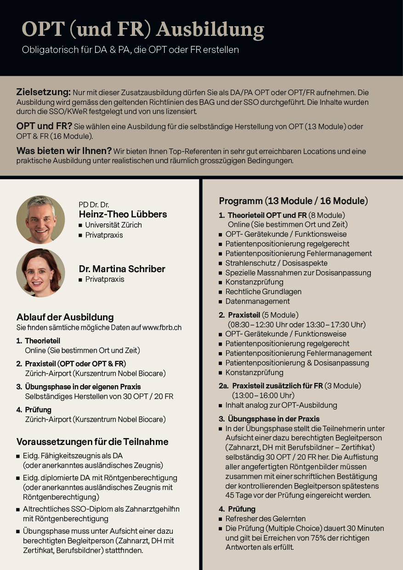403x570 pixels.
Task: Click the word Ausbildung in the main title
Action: pyautogui.click(x=210, y=29)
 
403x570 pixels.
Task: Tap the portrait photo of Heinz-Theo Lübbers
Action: pyautogui.click(x=40, y=219)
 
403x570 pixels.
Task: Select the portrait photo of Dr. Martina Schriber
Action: pyautogui.click(x=40, y=273)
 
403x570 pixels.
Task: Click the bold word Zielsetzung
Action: pyautogui.click(x=43, y=92)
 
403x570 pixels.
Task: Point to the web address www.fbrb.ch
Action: pyautogui.click(x=162, y=328)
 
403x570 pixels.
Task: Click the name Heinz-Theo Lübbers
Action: pyautogui.click(x=123, y=215)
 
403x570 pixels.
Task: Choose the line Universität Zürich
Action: pyautogui.click(x=113, y=225)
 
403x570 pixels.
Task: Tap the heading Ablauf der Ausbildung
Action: pyautogui.click(x=65, y=317)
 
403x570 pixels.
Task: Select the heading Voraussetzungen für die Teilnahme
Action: pyautogui.click(x=92, y=442)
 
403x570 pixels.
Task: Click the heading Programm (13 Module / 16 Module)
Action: pyautogui.click(x=293, y=201)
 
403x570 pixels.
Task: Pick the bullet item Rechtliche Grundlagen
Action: pyautogui.click(x=263, y=292)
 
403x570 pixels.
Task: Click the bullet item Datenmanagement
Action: pyautogui.click(x=257, y=302)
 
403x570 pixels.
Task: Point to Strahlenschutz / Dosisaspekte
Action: pyautogui.click(x=276, y=263)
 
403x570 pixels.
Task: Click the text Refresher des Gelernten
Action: pyautogui.click(x=265, y=519)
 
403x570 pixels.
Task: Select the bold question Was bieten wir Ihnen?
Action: pyautogui.click(x=64, y=151)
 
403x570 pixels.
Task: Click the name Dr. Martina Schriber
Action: pyautogui.click(x=122, y=269)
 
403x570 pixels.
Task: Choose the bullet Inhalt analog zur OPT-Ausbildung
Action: pyautogui.click(x=281, y=405)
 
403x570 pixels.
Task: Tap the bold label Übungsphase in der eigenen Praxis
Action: pyautogui.click(x=83, y=387)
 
